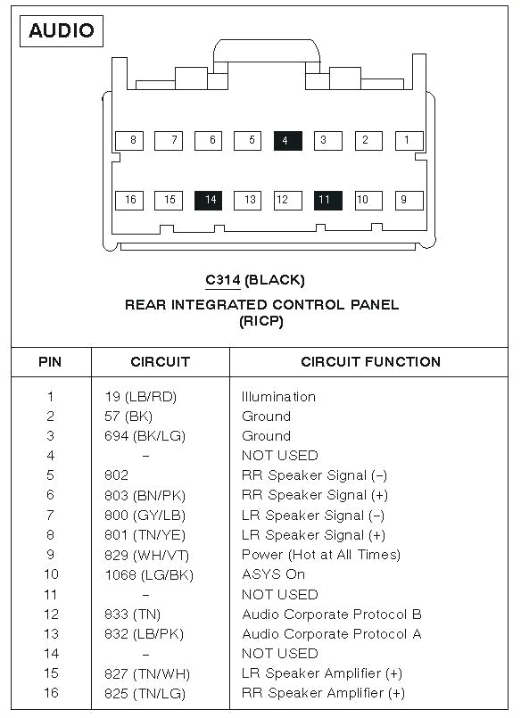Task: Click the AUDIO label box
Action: point(61,30)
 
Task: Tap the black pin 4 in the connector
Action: point(287,140)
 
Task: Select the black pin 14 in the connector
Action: point(210,200)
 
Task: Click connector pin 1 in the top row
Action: point(408,140)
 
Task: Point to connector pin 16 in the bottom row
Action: point(129,200)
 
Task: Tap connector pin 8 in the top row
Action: point(132,140)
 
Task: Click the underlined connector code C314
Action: point(222,280)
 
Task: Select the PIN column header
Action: point(50,362)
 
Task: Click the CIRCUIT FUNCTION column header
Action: point(370,362)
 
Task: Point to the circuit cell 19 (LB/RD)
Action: point(140,397)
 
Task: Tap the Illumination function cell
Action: point(278,397)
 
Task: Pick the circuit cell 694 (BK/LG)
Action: point(145,436)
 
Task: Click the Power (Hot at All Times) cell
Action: point(320,555)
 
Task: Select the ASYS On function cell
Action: point(273,574)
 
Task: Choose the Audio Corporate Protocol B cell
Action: point(332,615)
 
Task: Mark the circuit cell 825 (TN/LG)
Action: point(145,693)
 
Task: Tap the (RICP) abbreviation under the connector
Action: point(260,321)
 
